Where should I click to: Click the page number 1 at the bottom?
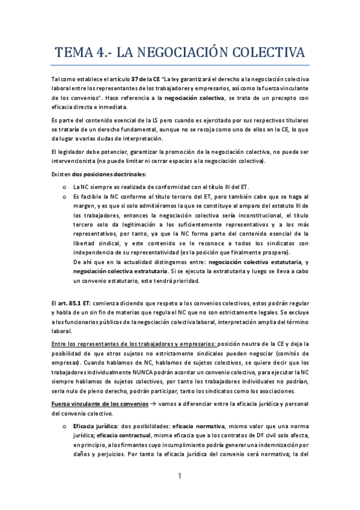click(x=180, y=476)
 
